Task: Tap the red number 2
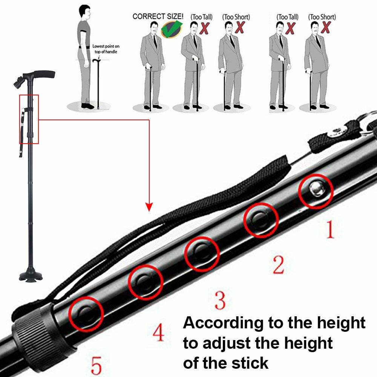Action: (x=278, y=265)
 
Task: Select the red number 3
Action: (x=219, y=300)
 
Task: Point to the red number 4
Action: (x=159, y=333)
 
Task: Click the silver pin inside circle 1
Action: (x=316, y=191)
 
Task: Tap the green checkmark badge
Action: (x=171, y=28)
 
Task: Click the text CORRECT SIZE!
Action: (x=158, y=17)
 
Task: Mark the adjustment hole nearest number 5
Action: (x=86, y=312)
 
